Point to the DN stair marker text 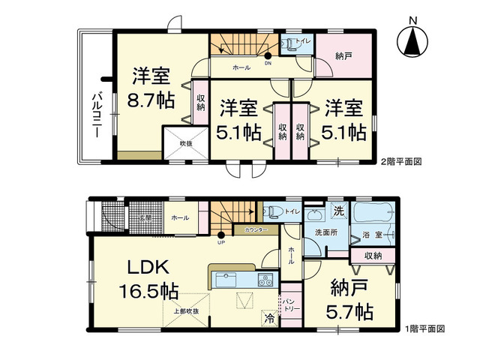[268, 64]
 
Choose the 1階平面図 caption [425, 328]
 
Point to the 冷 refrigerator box [268, 318]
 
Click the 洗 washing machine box [338, 211]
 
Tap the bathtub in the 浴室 [377, 217]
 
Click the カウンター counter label [256, 230]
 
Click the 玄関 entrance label [144, 218]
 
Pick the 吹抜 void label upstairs [184, 142]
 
